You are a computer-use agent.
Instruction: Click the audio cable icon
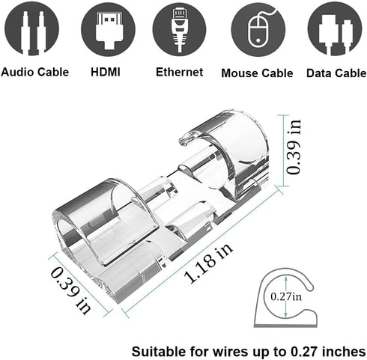[x=31, y=28]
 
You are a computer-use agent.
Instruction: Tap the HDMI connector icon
[x=108, y=28]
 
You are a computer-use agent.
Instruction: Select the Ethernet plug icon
[x=179, y=28]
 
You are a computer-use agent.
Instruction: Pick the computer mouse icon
[x=258, y=29]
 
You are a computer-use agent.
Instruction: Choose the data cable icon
[x=335, y=29]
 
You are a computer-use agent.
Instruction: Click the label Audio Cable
[x=35, y=73]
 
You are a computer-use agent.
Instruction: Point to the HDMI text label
[x=106, y=72]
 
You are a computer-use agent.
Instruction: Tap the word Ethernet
[x=179, y=72]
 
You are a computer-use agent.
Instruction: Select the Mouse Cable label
[x=257, y=73]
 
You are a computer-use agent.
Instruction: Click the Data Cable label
[x=336, y=73]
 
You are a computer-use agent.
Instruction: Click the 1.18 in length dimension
[x=207, y=264]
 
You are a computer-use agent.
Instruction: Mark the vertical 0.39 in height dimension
[x=294, y=147]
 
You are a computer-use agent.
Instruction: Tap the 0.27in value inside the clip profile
[x=286, y=296]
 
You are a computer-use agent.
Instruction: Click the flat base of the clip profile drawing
[x=285, y=325]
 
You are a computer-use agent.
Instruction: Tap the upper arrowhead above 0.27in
[x=286, y=278]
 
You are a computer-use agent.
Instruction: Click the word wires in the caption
[x=227, y=352]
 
